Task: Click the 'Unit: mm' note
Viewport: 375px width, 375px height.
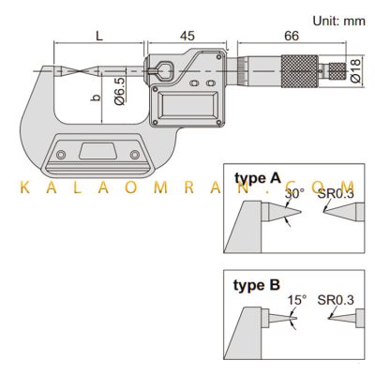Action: [x=338, y=21]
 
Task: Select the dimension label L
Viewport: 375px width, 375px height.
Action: [x=99, y=37]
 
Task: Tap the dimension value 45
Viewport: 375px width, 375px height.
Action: [x=187, y=36]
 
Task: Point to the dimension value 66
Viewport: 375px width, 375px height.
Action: [x=292, y=36]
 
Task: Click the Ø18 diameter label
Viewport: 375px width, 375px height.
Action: [x=355, y=70]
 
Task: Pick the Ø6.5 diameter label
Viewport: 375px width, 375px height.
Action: [x=120, y=90]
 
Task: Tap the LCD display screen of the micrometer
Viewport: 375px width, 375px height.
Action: [x=187, y=105]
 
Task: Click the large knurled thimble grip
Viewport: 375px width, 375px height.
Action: [x=300, y=71]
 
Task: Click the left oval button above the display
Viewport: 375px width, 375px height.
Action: [x=194, y=83]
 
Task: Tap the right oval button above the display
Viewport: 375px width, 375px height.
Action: [x=211, y=83]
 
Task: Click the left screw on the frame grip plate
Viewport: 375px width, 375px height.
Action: [x=61, y=155]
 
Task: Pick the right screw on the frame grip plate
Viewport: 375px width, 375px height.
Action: [x=135, y=155]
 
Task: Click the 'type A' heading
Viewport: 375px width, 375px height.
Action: [x=258, y=178]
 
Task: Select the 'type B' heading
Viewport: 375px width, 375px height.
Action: [x=257, y=285]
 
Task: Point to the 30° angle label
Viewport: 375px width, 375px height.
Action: [x=294, y=194]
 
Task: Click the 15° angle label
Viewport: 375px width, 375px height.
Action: [x=297, y=300]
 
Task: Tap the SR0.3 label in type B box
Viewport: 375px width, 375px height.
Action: [x=336, y=300]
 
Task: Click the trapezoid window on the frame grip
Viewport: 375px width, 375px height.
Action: [x=97, y=151]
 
